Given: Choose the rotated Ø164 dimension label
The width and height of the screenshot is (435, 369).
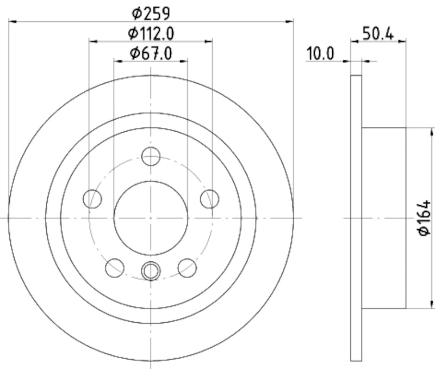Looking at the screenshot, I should coord(424,218).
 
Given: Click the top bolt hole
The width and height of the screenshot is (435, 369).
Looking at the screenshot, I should coord(151,157).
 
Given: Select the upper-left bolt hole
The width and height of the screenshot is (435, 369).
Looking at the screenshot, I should coord(92,199).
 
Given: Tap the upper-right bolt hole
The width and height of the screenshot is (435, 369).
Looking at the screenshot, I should coord(209,199).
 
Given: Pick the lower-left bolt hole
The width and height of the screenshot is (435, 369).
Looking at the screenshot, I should coord(115,267).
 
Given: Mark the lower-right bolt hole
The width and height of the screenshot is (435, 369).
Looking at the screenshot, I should coord(187,267).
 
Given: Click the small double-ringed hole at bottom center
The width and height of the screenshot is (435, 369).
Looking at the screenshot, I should coord(151,270).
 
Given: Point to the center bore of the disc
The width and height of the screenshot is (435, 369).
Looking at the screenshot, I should coord(151,218).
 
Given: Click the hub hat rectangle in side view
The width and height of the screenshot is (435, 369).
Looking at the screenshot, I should coord(384,218).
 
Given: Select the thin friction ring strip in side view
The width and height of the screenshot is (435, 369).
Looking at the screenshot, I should coord(356,218).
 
